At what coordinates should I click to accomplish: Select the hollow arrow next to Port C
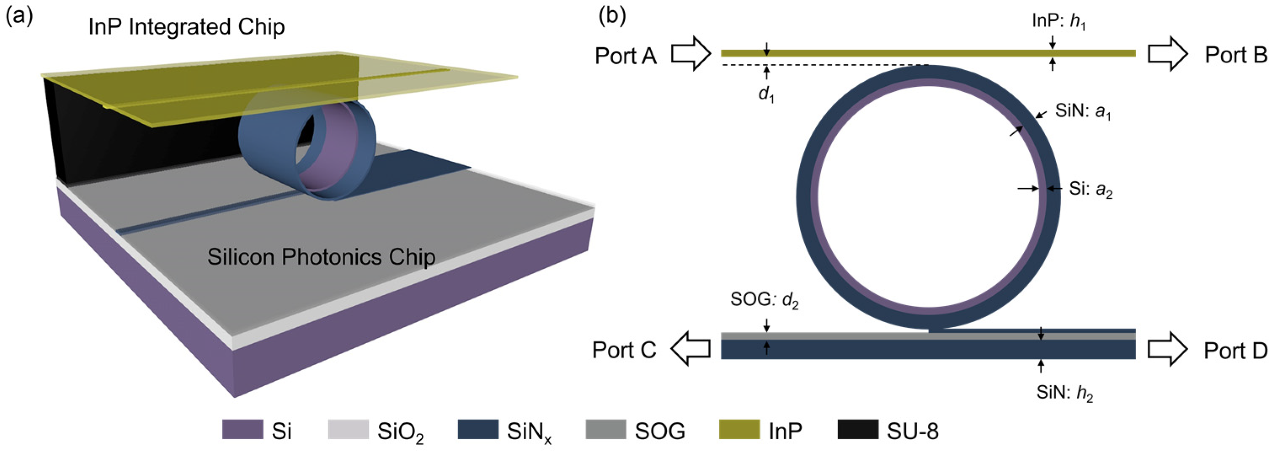pos(691,349)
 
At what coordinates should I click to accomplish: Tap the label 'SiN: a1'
pos(1083,112)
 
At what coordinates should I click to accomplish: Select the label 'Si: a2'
pos(1090,190)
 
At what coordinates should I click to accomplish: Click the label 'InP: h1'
pos(1059,22)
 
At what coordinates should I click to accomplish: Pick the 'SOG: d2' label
pos(764,300)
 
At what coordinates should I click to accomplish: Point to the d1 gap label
pos(767,94)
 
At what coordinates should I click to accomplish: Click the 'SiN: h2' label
pos(1064,393)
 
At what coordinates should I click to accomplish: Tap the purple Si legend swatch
pos(242,430)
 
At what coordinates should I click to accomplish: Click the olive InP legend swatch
pos(739,430)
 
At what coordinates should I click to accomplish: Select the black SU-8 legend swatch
pos(858,430)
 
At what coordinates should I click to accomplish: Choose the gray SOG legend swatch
pos(606,430)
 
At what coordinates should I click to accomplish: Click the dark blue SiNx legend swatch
pos(478,430)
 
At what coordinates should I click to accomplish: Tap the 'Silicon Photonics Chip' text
pos(321,257)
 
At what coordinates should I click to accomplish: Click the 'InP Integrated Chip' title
pos(186,27)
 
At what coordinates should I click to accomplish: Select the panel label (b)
pos(612,16)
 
